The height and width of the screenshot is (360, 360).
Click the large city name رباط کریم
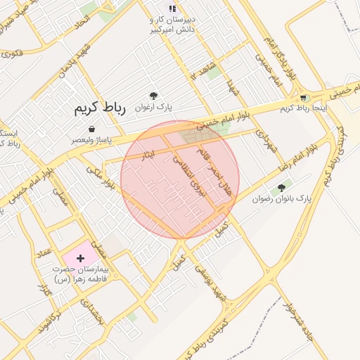(x=99, y=108)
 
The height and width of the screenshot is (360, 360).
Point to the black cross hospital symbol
(x=79, y=259)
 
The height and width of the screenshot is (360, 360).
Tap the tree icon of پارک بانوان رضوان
(x=282, y=188)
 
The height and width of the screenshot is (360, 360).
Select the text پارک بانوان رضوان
(x=282, y=200)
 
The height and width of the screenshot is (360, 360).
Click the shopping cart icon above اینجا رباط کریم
(x=303, y=98)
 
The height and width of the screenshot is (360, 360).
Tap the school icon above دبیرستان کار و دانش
(x=172, y=8)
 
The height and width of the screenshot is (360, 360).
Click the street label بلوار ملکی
(x=100, y=176)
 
